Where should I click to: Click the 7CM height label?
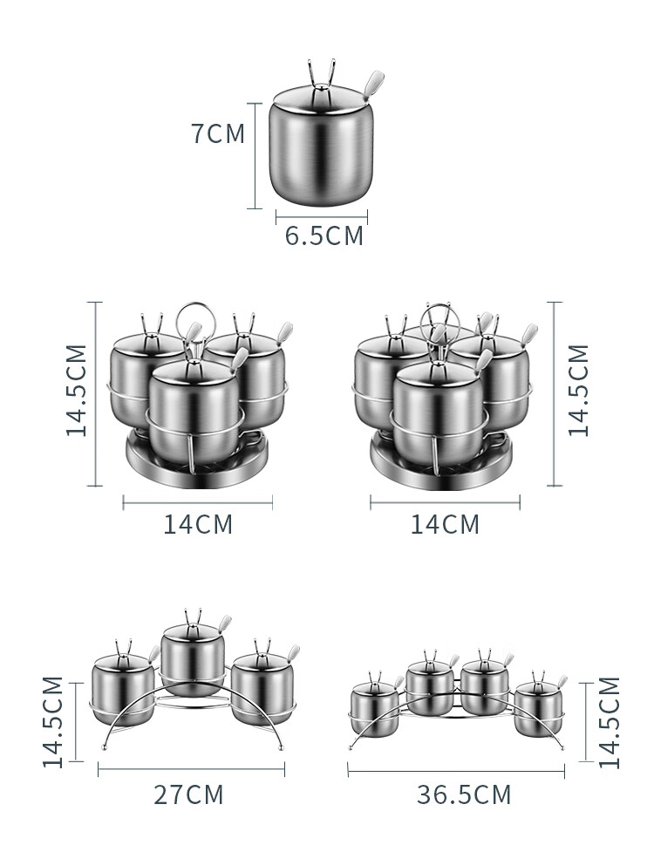pos(218,133)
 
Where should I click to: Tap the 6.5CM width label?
pos(324,235)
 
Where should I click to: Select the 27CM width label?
pos(188,794)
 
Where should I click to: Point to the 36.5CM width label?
pos(464,794)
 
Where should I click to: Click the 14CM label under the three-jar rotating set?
pos(198,524)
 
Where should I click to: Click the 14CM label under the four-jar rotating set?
pos(445,524)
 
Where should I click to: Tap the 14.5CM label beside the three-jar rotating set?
pos(77,390)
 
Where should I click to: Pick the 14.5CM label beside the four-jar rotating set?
pos(578,390)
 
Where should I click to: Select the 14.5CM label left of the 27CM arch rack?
pos(52,721)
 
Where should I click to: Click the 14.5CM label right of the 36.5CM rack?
pos(609,721)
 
